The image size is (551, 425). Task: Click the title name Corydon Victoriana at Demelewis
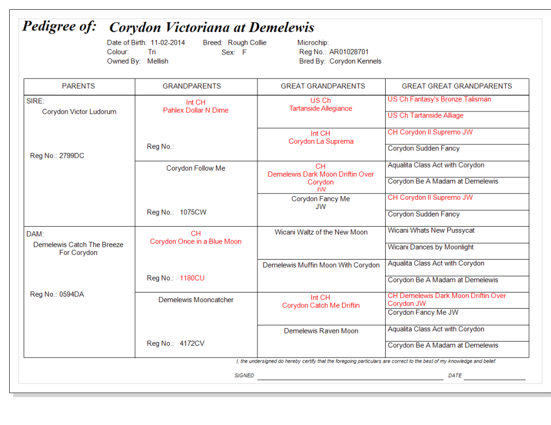coord(212,28)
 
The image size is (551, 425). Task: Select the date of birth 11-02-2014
coord(168,43)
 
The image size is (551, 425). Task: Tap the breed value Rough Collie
coord(247,43)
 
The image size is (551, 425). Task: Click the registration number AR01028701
coord(349,52)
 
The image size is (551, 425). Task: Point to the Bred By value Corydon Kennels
coord(355,61)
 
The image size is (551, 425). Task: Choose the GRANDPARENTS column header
coord(192,86)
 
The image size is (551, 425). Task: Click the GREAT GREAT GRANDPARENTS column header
coord(457,86)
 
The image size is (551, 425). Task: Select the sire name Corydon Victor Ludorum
coord(79,112)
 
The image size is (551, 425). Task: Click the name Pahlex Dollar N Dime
coord(196,110)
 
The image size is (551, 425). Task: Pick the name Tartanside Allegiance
coord(320,109)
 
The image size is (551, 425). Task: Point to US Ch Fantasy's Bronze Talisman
coord(439,99)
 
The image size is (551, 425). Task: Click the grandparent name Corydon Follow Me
coord(196,169)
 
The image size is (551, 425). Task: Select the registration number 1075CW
coord(193,213)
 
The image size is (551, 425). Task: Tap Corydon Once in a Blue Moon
coord(196,242)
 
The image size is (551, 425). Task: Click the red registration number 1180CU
coord(192,278)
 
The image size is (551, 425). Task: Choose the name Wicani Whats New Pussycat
coord(431,231)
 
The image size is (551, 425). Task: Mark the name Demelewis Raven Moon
coord(321,331)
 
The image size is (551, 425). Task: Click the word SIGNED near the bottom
coord(244,375)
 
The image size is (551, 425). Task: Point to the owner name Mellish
coord(157,61)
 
